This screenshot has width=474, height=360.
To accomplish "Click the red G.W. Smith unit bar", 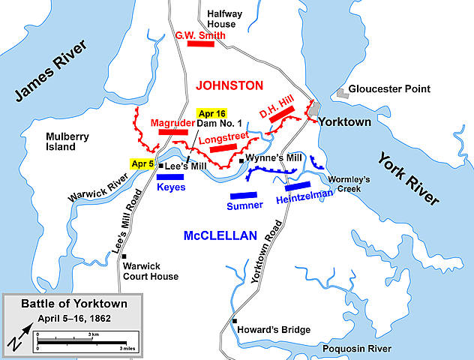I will click(201, 43).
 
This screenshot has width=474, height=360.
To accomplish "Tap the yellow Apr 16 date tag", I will click(211, 113).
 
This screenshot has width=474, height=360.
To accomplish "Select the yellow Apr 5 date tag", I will click(142, 164).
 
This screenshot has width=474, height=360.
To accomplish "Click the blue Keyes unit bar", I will click(171, 177).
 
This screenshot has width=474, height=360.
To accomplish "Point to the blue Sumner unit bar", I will click(246, 193).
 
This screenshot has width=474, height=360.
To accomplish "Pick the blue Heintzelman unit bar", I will click(298, 185).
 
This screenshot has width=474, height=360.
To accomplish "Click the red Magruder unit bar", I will click(173, 132).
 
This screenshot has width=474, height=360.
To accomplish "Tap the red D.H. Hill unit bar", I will click(280, 115).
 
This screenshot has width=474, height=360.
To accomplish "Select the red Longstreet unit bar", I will click(223, 148).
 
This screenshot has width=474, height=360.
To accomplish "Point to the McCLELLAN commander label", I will click(220, 236).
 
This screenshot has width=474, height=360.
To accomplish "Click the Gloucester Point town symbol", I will click(342, 92).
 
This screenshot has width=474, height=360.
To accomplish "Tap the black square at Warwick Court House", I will click(125, 256).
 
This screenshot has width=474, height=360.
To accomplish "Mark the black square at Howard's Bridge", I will click(234, 320).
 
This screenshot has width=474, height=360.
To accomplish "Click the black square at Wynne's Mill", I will click(241, 160).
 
